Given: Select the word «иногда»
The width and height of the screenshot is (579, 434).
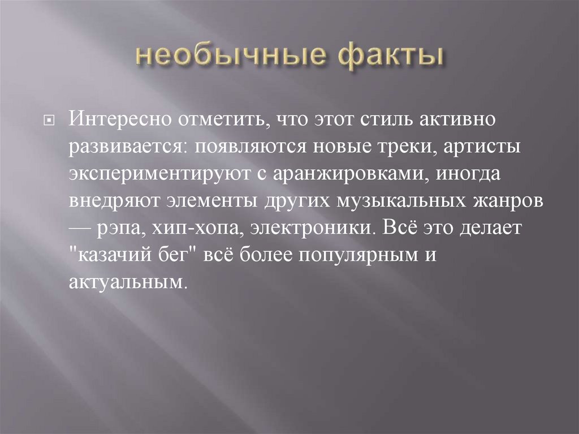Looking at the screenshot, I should point(467,174).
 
